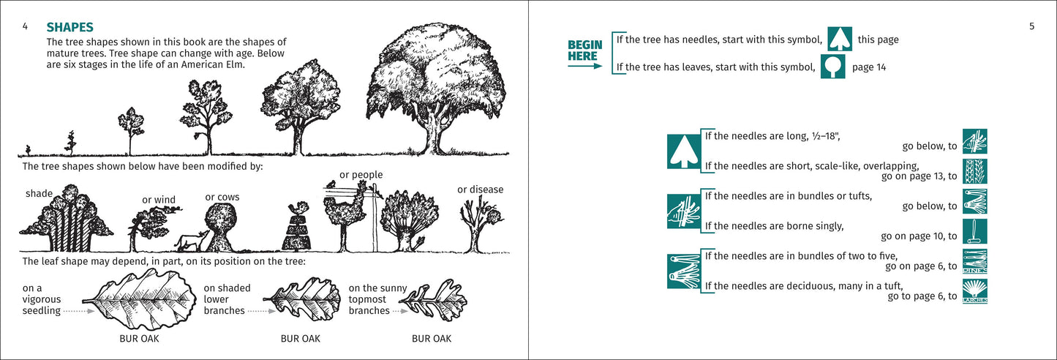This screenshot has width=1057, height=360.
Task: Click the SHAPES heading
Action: pos(69,27)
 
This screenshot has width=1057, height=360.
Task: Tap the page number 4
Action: pos(26,26)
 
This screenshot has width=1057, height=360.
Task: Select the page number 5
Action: pos(1031,26)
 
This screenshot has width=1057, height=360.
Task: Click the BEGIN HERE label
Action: pos(585,50)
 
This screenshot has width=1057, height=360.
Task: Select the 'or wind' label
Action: pos(159,200)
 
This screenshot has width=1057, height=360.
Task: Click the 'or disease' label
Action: pos(480,190)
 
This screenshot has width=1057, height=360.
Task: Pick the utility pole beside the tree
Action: pos(375,220)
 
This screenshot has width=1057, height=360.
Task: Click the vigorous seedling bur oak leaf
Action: pos(139,299)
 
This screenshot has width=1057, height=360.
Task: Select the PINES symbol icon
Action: pos(975,260)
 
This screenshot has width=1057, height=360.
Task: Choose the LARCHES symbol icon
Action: pos(975,290)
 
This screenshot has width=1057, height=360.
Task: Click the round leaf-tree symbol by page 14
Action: pos(832,67)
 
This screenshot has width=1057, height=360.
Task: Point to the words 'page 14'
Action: pos(869,67)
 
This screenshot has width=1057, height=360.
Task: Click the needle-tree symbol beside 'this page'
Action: pos(839,39)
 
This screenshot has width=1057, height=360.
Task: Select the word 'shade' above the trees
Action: pos(38,193)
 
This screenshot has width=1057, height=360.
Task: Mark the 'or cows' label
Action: pos(222,197)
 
